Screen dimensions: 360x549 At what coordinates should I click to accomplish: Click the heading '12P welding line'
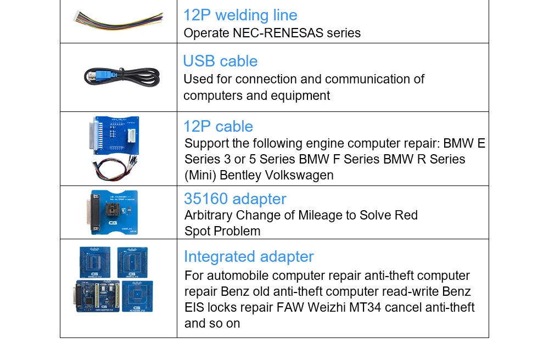point(240,15)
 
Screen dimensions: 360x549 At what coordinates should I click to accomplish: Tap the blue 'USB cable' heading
point(220,61)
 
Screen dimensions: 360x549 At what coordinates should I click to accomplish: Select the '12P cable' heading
point(218,126)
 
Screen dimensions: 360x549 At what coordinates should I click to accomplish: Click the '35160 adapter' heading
point(235,199)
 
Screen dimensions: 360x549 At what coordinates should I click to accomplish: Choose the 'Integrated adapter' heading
point(249,256)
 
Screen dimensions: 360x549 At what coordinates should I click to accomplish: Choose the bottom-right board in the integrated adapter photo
point(137,297)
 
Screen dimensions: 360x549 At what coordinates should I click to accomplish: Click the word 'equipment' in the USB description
point(303,95)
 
